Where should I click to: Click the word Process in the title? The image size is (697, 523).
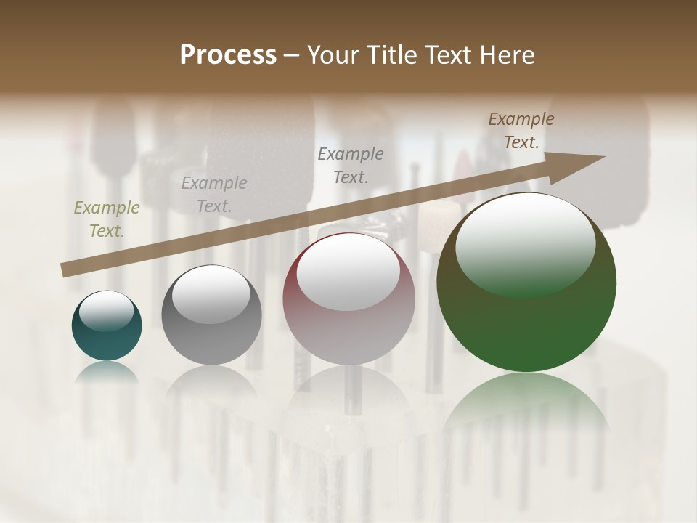pyautogui.click(x=228, y=55)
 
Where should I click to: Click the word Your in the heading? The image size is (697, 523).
pyautogui.click(x=335, y=55)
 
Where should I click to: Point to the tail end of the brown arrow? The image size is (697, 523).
pyautogui.click(x=65, y=270)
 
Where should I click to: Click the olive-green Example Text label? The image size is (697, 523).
pyautogui.click(x=107, y=219)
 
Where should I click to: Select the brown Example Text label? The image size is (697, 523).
pyautogui.click(x=521, y=131)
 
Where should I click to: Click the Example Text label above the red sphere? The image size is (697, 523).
pyautogui.click(x=351, y=166)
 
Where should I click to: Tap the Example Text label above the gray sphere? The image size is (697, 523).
pyautogui.click(x=213, y=195)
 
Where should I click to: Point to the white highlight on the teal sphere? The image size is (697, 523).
pyautogui.click(x=106, y=311)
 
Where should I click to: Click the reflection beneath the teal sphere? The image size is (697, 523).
pyautogui.click(x=107, y=371)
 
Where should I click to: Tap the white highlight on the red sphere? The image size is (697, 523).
pyautogui.click(x=348, y=272)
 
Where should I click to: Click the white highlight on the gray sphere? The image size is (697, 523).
pyautogui.click(x=211, y=294)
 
